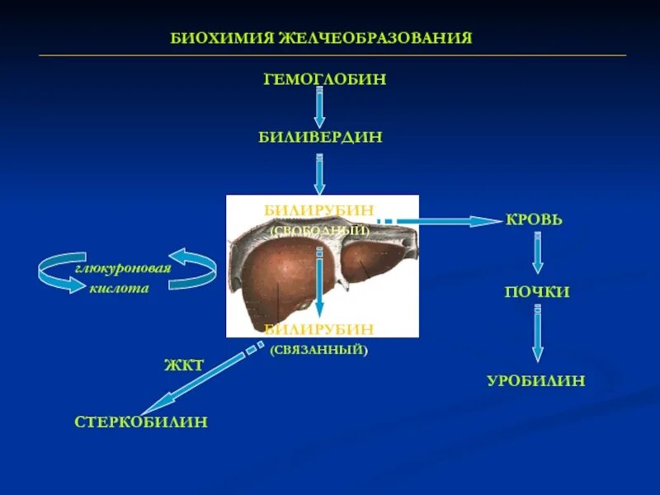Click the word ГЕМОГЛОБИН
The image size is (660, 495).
pos(324,80)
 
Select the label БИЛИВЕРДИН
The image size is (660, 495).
pos(320,137)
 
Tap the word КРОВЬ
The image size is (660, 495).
pos(534,220)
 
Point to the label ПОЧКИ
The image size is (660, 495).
pos(537,292)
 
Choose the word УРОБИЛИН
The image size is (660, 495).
pos(535,381)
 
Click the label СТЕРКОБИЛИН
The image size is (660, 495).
pos(141,422)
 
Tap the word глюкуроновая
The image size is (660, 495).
pos(124,269)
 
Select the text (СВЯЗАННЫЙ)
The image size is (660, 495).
pos(318,350)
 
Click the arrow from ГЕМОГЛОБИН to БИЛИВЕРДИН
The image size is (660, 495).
pos(319,107)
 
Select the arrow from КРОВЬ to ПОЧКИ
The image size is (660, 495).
pos(537,253)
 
